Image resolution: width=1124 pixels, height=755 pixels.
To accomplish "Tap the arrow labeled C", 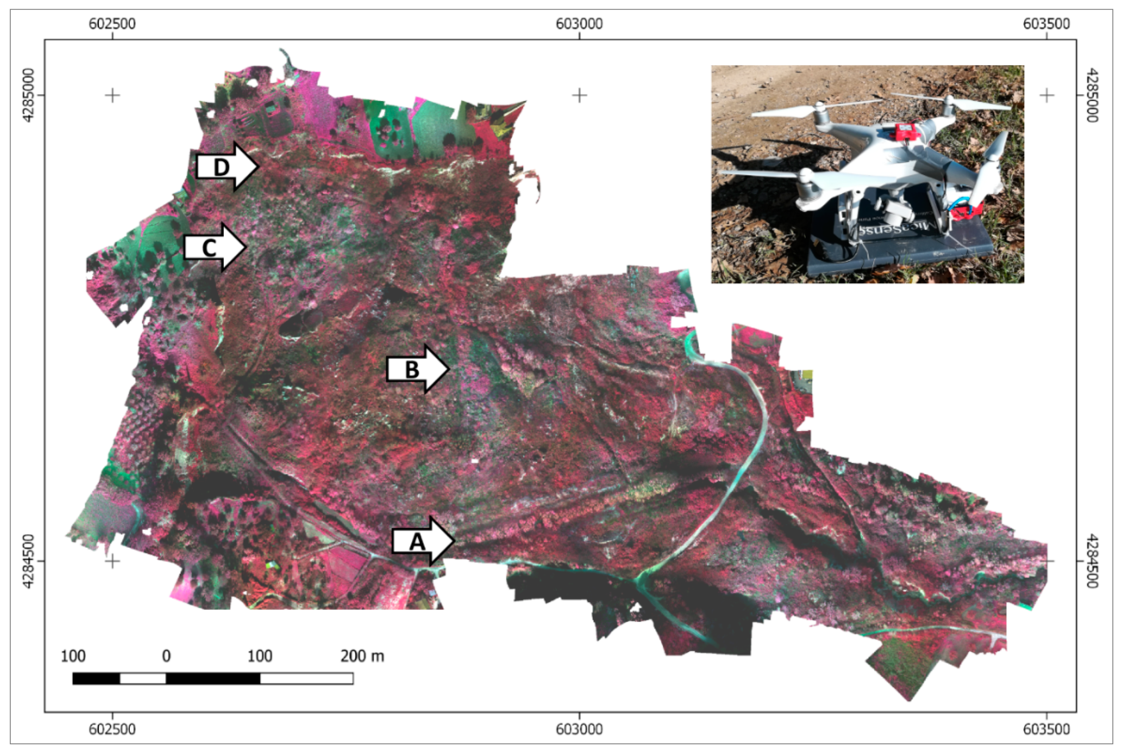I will coord(214,248).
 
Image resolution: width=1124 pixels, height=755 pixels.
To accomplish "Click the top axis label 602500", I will coord(112,23).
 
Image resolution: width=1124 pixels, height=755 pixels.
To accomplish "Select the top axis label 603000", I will coord(579,23).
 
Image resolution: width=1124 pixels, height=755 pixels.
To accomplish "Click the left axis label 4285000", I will coord(29,95).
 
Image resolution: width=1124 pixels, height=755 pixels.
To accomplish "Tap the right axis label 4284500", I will coord(1093,561).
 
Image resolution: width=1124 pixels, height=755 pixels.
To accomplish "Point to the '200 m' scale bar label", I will coord(362,656).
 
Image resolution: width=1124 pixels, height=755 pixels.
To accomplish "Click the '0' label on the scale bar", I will coord(166,656).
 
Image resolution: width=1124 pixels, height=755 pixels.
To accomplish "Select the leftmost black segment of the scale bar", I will coord(96,678).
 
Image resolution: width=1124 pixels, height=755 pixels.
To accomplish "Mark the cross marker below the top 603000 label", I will coord(579,95).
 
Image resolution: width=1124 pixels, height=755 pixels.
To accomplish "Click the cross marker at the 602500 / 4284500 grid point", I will coord(112,561).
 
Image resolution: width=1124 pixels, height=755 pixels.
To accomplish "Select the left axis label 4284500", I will coord(29,561).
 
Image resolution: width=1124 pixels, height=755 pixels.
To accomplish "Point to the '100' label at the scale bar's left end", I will coord(73,656).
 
